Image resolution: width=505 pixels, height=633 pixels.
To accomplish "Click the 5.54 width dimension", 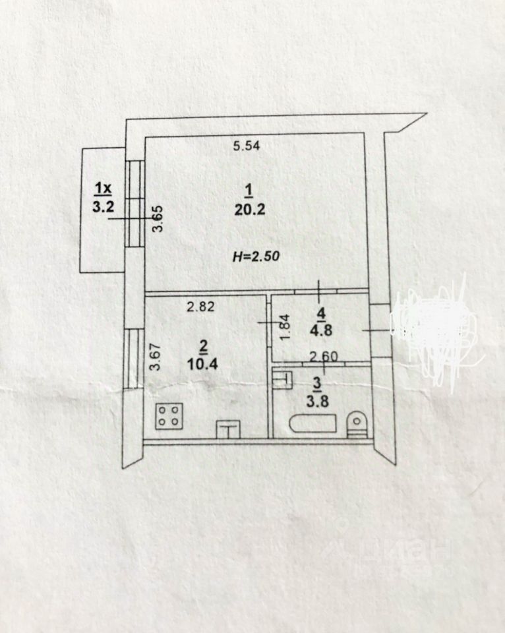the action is click(x=248, y=146).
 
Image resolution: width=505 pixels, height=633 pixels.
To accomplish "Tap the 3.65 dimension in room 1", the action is click(x=158, y=219).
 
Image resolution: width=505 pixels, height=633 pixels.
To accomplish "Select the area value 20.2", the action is click(x=248, y=210).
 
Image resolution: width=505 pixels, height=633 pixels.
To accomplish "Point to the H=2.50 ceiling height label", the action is click(x=256, y=256).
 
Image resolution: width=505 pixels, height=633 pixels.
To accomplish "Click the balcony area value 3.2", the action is click(x=104, y=206).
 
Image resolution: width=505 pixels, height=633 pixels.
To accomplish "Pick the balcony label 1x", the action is click(x=103, y=190).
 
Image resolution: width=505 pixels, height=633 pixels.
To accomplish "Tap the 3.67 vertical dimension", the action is click(x=156, y=357).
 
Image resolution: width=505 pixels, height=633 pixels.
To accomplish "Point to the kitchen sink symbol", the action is click(x=227, y=429).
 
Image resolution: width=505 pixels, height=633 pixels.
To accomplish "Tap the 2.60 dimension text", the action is click(x=324, y=357).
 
